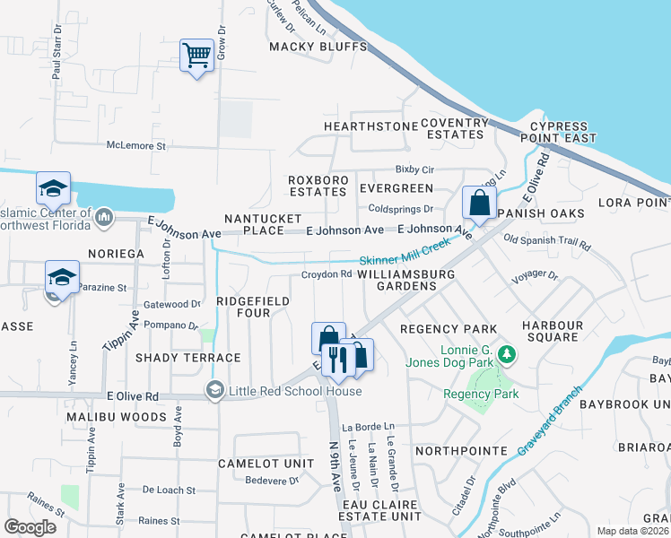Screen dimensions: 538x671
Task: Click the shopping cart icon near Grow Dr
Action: click(196, 56)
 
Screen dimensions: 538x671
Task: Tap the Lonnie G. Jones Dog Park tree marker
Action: click(507, 356)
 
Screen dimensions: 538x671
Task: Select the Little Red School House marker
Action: click(214, 390)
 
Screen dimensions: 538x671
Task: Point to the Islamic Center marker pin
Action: click(104, 216)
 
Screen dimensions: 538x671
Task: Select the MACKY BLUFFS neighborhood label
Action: click(318, 46)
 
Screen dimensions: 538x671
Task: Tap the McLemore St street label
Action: click(136, 144)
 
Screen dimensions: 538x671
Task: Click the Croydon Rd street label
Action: click(326, 274)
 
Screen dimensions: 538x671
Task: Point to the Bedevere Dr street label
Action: click(271, 481)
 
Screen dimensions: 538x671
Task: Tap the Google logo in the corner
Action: click(30, 526)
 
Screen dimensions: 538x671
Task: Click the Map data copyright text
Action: click(633, 530)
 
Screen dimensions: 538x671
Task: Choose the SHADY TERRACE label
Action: click(188, 358)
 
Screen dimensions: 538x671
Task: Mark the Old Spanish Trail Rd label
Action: click(547, 243)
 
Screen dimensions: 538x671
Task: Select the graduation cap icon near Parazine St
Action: click(62, 277)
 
